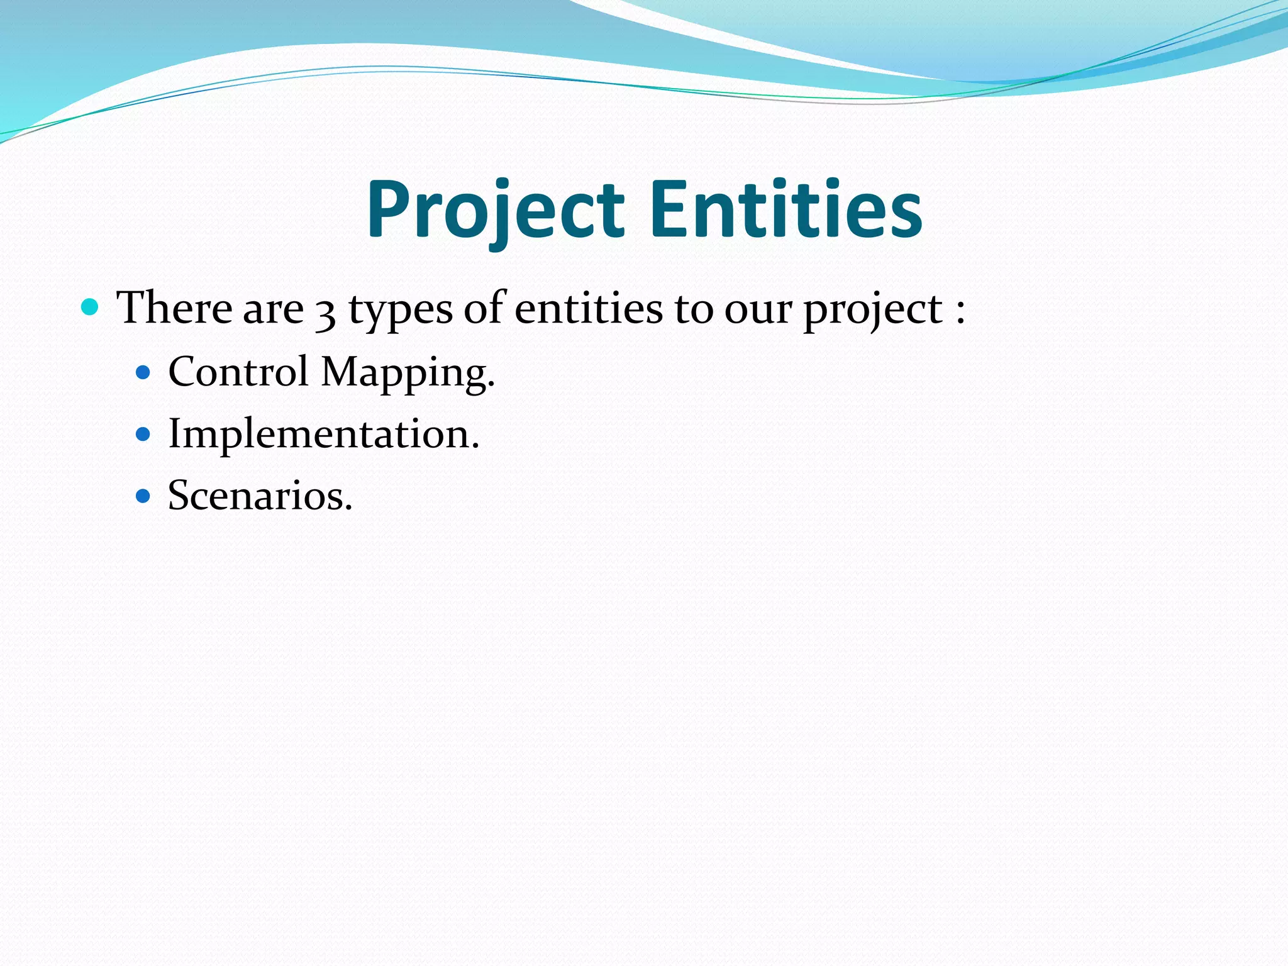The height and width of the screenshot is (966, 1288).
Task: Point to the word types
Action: click(400, 311)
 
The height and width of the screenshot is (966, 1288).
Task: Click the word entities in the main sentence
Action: click(588, 308)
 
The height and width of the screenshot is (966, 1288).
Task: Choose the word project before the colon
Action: click(873, 311)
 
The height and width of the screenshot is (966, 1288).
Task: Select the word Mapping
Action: click(408, 374)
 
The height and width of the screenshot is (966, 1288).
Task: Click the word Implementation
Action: click(323, 435)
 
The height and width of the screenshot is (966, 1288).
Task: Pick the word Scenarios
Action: click(260, 496)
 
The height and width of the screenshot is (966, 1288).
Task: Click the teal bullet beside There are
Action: click(91, 308)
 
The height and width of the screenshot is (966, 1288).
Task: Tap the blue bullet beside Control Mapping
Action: click(143, 373)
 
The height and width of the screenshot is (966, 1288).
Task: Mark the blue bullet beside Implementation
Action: click(143, 435)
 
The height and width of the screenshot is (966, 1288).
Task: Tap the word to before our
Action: click(693, 309)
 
